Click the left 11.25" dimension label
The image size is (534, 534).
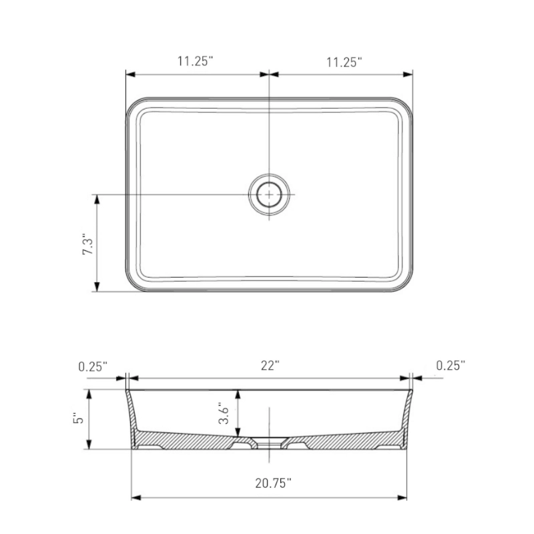195,61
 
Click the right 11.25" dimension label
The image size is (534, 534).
344,62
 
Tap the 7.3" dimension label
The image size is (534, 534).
88,244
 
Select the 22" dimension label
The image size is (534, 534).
270,366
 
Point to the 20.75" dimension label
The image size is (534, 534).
274,483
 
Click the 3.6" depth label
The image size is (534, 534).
224,413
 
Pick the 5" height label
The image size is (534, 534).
78,419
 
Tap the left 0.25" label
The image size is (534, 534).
93,366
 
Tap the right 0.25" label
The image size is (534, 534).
451,365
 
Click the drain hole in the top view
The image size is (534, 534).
269,195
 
